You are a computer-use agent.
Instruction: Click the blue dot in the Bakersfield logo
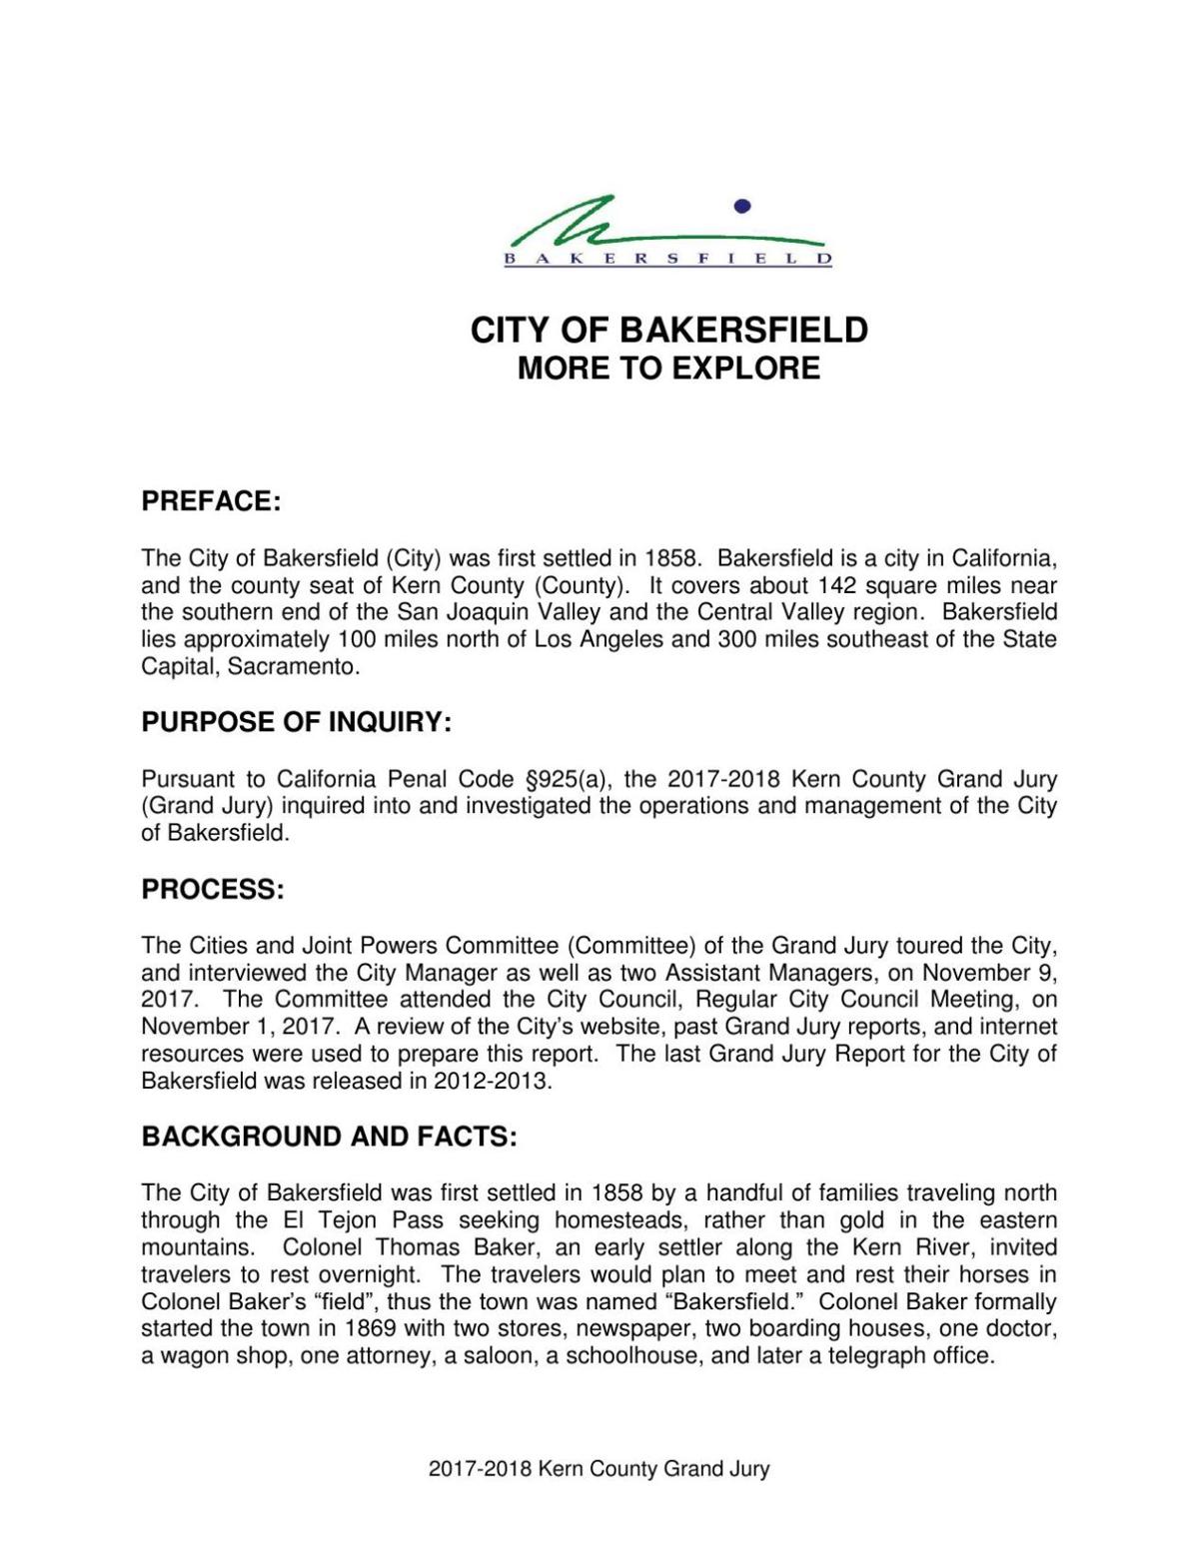741,207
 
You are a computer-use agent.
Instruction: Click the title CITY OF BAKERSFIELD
668,331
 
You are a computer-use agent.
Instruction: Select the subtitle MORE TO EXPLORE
668,369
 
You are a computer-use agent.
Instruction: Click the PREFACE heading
211,501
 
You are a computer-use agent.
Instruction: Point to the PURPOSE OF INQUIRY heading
297,723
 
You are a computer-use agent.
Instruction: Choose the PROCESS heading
213,890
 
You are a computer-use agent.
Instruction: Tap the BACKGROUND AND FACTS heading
329,1138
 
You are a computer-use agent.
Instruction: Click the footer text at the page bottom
599,1469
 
